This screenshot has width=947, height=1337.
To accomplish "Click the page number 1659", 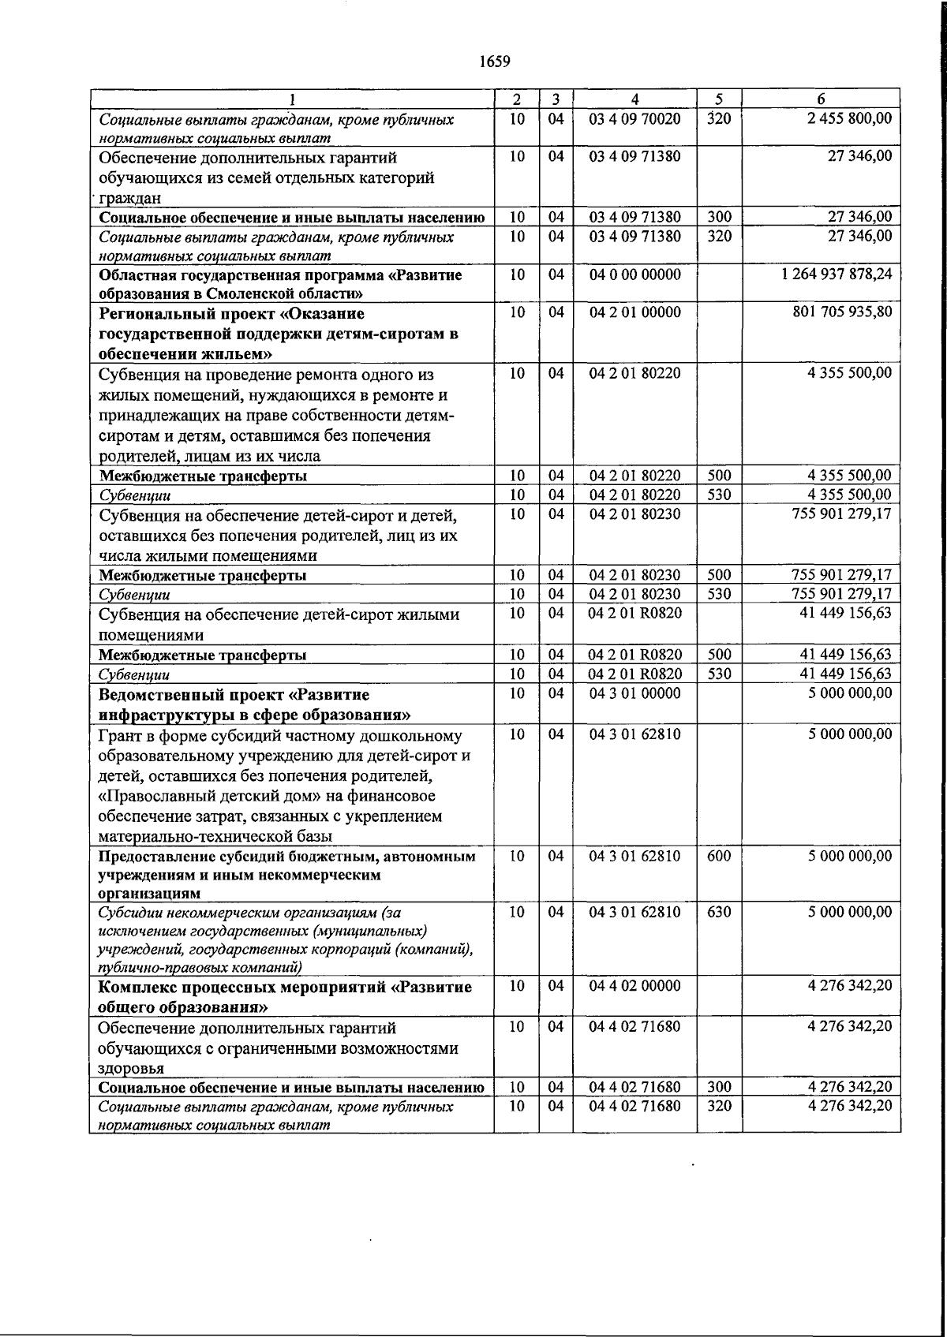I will (x=495, y=62).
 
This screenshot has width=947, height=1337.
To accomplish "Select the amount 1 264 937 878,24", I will (x=837, y=275).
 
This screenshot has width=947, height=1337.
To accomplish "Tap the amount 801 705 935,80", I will (x=842, y=312).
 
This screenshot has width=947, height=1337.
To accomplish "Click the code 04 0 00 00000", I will (x=634, y=275).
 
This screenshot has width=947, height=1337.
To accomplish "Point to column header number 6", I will (x=821, y=99).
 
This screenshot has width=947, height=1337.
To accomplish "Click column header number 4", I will (x=634, y=99).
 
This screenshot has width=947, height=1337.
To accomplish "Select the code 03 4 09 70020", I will (x=634, y=119).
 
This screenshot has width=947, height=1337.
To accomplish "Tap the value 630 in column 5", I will (x=718, y=912).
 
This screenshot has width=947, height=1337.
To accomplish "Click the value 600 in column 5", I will (x=718, y=856).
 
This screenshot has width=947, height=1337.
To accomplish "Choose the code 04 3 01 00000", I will (x=634, y=693).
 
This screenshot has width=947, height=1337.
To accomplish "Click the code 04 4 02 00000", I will (x=634, y=986).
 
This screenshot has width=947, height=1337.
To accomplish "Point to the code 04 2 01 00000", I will (x=634, y=312).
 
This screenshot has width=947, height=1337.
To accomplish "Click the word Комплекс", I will (x=132, y=988).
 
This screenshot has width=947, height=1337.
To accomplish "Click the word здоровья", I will (x=131, y=1069).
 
